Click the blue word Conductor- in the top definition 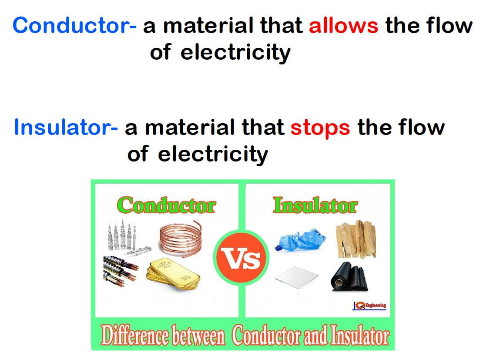[74, 25]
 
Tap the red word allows [343, 25]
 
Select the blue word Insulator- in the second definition [66, 127]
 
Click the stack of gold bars [173, 274]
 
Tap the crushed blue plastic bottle [300, 239]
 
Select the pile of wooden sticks [356, 239]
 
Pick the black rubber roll [349, 277]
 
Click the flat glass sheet [296, 277]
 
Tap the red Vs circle [241, 258]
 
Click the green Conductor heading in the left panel [166, 205]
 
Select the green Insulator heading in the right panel [315, 205]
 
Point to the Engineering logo [369, 306]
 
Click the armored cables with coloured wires [120, 271]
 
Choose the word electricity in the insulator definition [213, 154]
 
